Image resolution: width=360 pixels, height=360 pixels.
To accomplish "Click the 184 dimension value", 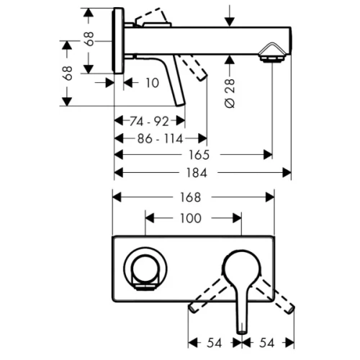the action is point(197,173).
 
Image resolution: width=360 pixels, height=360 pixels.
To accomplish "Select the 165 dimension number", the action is point(199,155).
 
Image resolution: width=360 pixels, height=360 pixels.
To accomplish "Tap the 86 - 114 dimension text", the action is point(160,139).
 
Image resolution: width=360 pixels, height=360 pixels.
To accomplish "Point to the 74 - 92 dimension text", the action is point(149,122).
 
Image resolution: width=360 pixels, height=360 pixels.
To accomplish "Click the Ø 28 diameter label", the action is point(230,93).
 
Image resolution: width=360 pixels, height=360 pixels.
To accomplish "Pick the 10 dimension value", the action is point(153,83).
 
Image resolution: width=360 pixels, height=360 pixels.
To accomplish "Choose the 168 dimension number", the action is point(191,197).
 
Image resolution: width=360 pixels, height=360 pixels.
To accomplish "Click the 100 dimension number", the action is point(191,218).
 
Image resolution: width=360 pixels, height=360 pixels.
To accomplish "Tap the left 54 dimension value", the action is point(214,343).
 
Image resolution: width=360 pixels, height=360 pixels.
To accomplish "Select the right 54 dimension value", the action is point(266,343).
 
